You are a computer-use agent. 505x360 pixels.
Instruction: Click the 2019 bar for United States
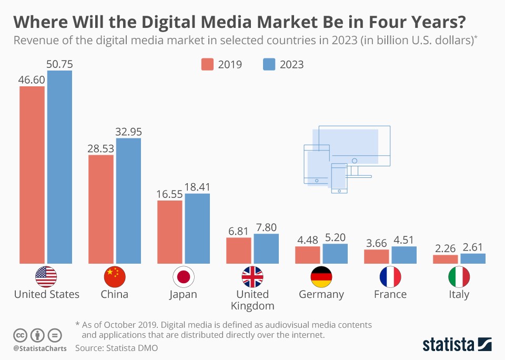[32, 175]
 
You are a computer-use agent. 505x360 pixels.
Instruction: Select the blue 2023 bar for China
[128, 201]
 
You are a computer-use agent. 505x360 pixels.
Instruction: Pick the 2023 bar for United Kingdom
[266, 248]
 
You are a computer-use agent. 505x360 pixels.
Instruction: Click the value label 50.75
[59, 64]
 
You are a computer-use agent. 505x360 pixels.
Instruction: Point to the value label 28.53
[100, 148]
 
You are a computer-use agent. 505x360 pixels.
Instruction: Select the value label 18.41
[197, 187]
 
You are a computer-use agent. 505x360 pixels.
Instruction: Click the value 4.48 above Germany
[308, 239]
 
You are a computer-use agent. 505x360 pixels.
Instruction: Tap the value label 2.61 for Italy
[472, 247]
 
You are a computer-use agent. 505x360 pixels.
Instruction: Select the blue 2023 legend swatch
[269, 64]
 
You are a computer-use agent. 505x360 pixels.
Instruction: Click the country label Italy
[459, 294]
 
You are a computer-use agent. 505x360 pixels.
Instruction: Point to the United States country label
[46, 294]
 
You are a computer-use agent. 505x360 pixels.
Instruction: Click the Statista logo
[457, 345]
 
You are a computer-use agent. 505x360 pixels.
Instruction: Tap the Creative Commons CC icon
[20, 335]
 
